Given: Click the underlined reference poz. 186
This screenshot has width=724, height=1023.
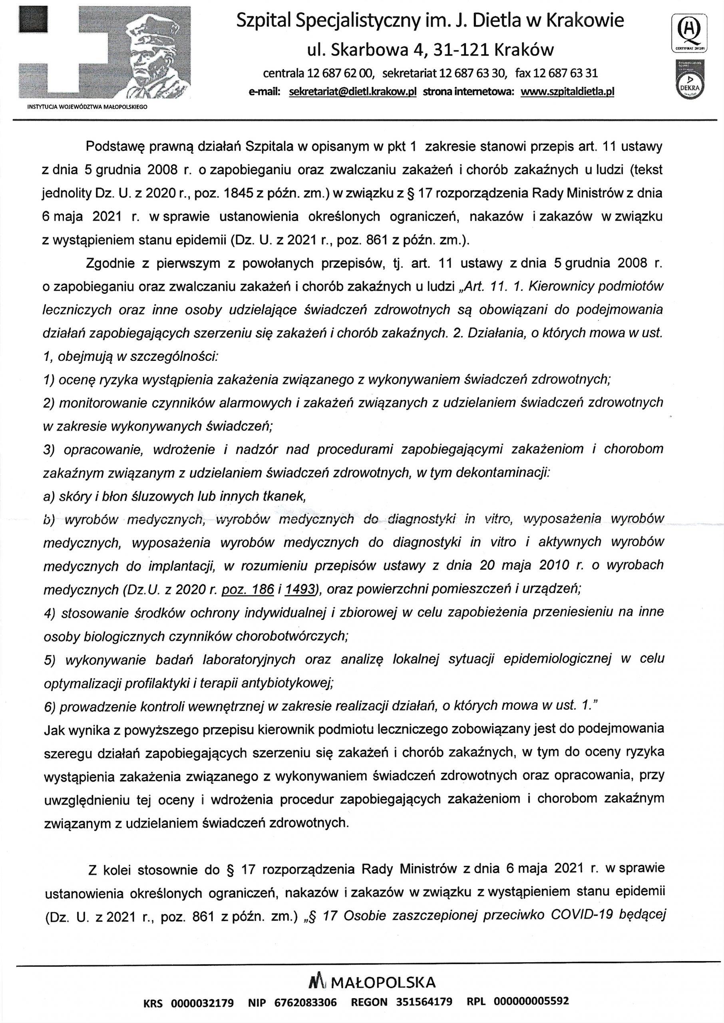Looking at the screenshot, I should pyautogui.click(x=247, y=589).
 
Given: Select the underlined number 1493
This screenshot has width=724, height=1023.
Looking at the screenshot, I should pyautogui.click(x=299, y=589).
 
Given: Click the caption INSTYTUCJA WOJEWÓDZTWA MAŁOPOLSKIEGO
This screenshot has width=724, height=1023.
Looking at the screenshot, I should pyautogui.click(x=88, y=107).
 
